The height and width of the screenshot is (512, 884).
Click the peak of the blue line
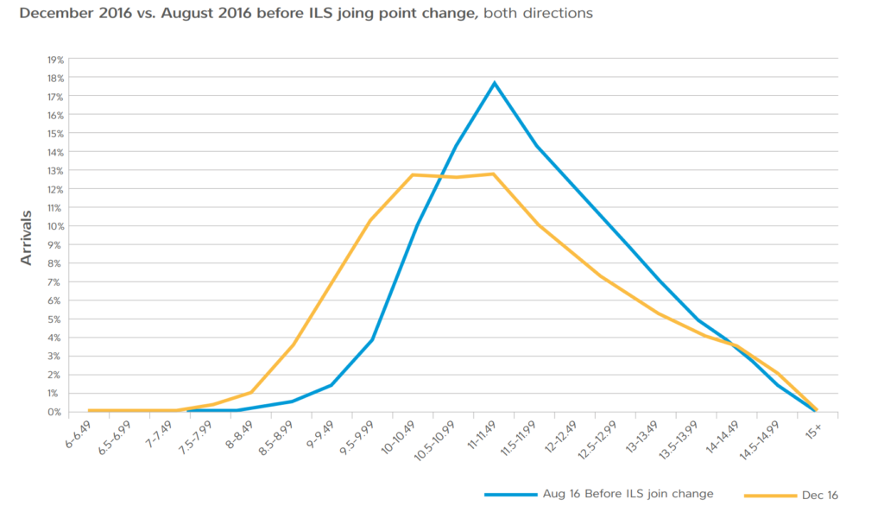[x=495, y=83]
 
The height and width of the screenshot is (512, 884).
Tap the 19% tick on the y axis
[x=54, y=60]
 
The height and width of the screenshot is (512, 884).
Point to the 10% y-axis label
[x=54, y=226]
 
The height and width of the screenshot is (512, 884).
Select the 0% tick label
[x=56, y=412]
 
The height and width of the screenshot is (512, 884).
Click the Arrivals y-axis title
[x=28, y=235]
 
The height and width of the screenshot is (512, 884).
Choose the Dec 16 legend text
[x=820, y=495]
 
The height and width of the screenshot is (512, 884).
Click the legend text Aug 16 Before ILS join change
[x=628, y=495]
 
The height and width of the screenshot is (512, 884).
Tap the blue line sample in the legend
[x=514, y=495]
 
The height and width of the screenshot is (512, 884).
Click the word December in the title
[x=52, y=14]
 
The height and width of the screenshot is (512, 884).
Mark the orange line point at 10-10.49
[x=413, y=174]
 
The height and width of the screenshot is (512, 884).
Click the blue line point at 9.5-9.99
[x=371, y=339]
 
